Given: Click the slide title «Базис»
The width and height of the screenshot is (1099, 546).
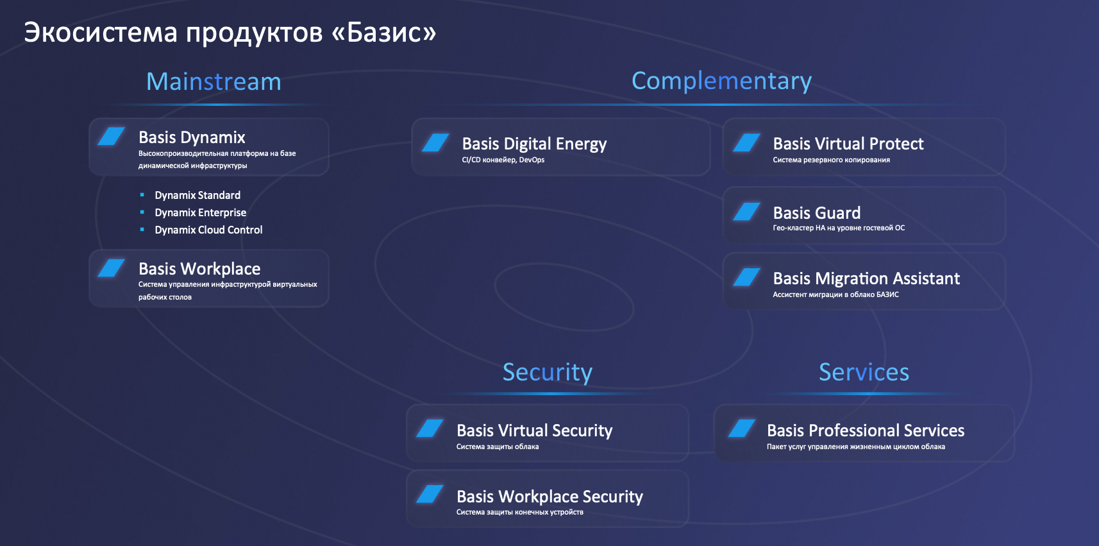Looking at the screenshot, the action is [x=230, y=33].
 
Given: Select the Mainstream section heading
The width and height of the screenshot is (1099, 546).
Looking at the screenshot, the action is [x=214, y=81].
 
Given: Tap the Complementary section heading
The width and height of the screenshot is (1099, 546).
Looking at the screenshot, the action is [x=721, y=81].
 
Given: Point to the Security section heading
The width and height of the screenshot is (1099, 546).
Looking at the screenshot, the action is [x=548, y=372].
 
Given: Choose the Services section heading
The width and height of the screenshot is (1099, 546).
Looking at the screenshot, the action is [x=864, y=372].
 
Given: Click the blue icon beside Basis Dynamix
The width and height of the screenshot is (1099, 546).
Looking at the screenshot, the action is [x=112, y=136].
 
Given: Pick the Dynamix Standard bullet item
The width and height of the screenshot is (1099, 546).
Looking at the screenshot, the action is [x=197, y=195].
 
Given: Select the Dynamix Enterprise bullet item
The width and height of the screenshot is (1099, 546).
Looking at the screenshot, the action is [x=200, y=212].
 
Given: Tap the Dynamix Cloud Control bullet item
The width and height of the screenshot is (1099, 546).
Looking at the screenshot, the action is [x=208, y=230].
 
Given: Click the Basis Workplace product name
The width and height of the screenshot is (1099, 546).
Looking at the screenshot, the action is [x=199, y=269].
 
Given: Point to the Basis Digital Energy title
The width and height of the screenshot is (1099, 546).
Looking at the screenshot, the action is [x=534, y=144].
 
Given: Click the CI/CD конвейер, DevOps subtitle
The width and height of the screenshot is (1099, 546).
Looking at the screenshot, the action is [x=503, y=160].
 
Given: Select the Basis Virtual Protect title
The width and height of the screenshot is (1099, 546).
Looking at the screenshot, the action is [x=848, y=143].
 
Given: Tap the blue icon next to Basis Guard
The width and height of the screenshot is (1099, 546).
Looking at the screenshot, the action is [x=747, y=212].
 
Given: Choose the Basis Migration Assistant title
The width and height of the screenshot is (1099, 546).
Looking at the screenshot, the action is [x=866, y=278].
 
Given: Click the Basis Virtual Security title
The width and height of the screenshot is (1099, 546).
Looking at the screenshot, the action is [x=534, y=431].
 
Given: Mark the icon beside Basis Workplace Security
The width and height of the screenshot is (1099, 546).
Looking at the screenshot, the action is [x=430, y=494].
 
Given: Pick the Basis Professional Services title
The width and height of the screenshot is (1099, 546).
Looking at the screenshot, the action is [x=866, y=430].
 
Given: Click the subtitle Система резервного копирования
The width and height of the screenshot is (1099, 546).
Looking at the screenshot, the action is [x=831, y=160].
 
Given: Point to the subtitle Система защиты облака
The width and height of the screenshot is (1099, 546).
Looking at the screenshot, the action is [x=498, y=447].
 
